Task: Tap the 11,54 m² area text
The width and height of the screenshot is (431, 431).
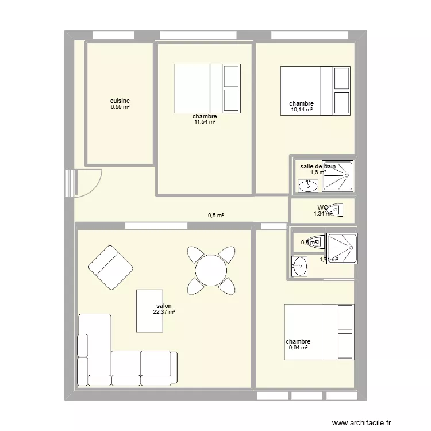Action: tap(205, 122)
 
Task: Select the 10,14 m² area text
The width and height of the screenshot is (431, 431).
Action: tap(301, 110)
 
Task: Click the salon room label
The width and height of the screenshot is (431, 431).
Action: tap(164, 306)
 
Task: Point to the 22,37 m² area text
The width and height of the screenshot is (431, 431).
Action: tap(164, 312)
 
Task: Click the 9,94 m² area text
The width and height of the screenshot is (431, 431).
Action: tap(298, 347)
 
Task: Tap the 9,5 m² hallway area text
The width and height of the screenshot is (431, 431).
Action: tap(215, 216)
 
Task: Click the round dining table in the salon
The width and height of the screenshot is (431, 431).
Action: tap(211, 268)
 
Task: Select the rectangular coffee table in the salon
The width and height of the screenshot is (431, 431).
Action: tap(149, 311)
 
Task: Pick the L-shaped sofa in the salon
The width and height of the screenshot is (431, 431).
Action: tap(115, 362)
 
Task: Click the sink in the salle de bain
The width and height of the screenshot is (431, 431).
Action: tap(309, 185)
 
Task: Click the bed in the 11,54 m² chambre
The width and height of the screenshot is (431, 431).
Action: tap(207, 88)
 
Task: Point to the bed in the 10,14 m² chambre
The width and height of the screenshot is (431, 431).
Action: tap(315, 91)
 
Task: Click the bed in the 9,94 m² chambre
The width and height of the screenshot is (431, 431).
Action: tap(319, 332)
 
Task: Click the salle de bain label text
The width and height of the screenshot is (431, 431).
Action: tap(318, 166)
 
